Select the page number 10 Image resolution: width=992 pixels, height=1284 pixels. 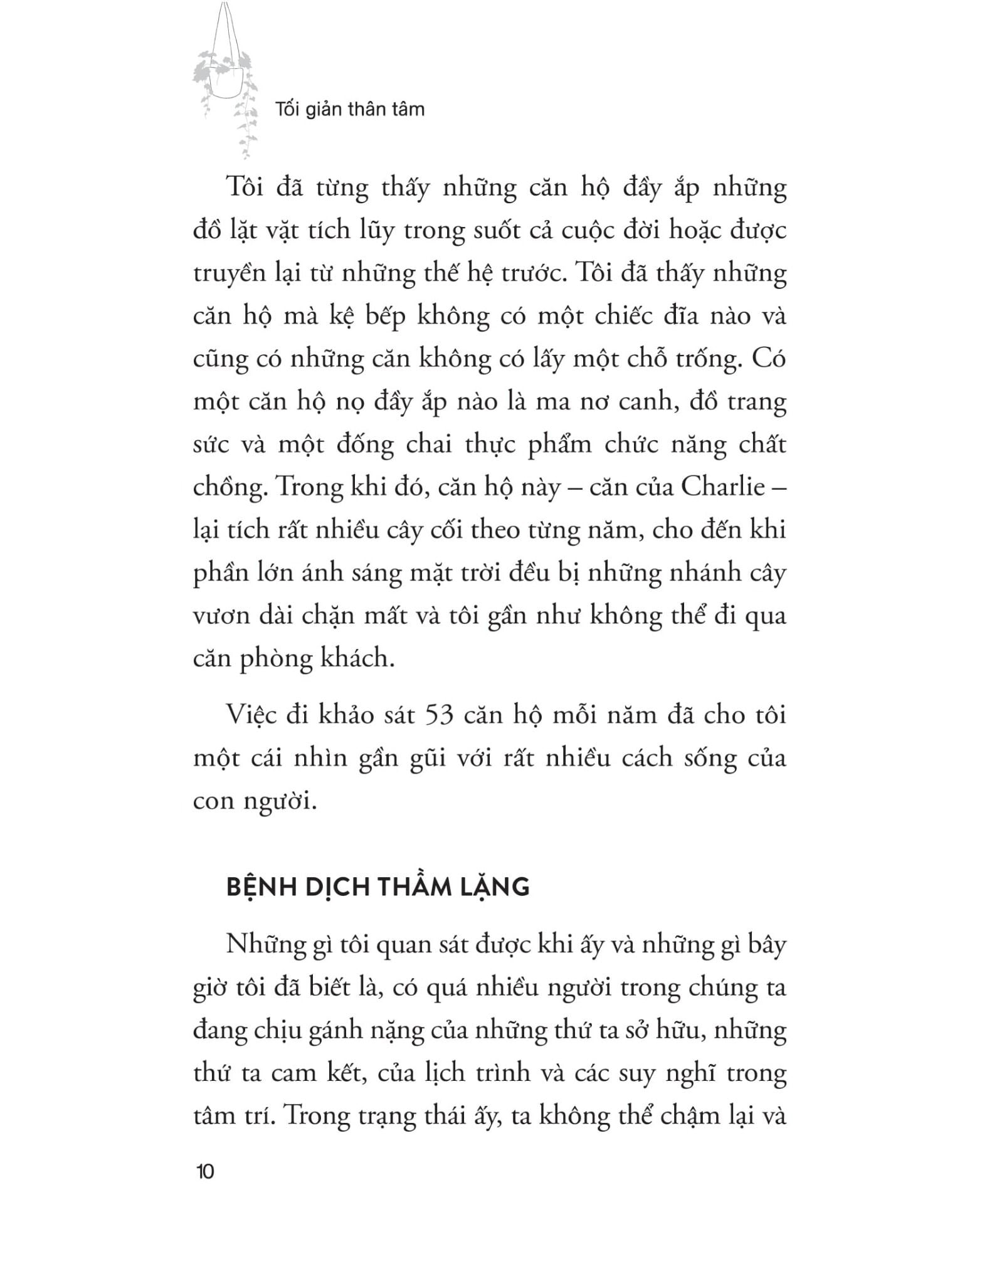(205, 1171)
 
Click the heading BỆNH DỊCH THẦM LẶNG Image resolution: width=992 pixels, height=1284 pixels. (377, 887)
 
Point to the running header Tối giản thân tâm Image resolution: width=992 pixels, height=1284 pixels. (350, 109)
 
